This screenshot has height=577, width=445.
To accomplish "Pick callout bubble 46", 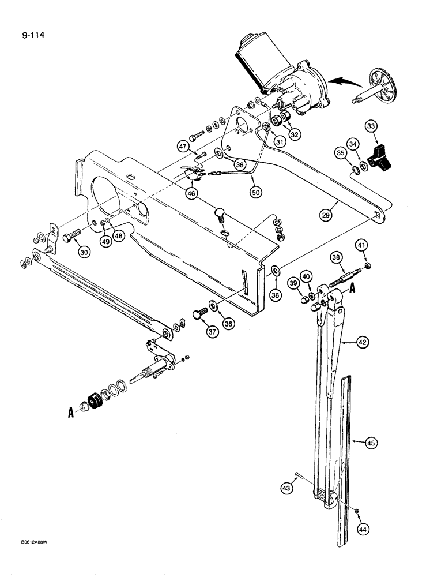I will tap(191, 193).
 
